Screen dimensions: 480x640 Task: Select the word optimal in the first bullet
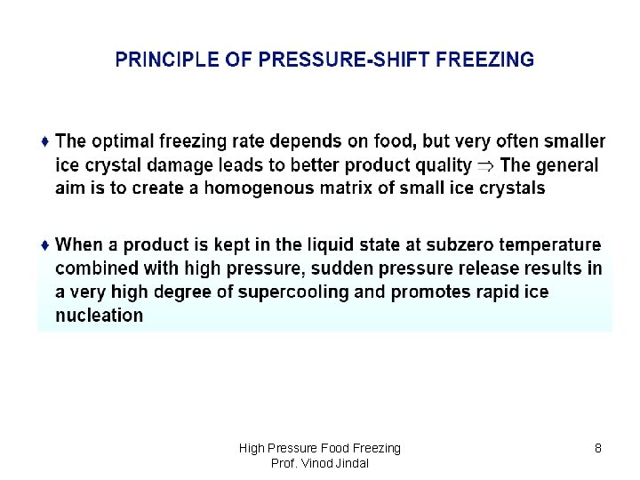[x=124, y=141]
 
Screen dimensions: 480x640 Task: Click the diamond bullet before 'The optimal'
[x=45, y=141]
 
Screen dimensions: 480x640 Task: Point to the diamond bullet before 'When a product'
[x=45, y=244]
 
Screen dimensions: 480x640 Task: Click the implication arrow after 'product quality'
[x=486, y=165]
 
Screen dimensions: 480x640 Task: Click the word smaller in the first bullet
[x=569, y=141]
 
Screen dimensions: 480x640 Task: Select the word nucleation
[x=99, y=316]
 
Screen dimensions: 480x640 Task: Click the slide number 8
[x=598, y=449]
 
